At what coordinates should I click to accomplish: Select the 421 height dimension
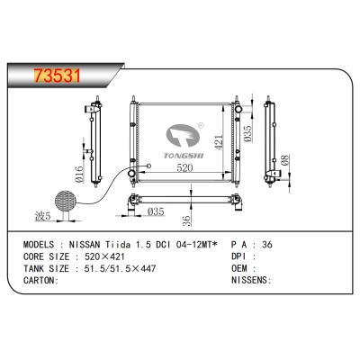216,143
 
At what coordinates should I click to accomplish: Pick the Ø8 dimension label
285,163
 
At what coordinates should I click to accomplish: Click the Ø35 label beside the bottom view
156,212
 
